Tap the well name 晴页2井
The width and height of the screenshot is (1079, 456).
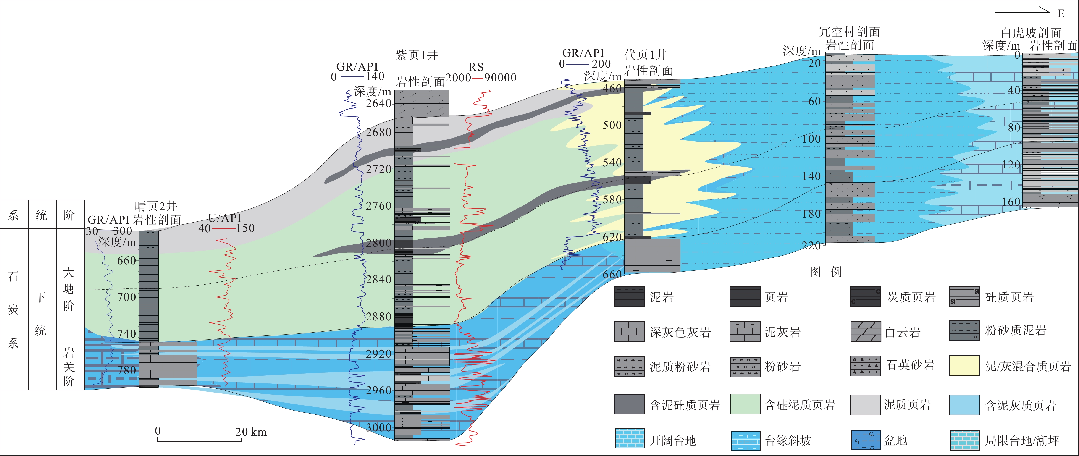click(156, 206)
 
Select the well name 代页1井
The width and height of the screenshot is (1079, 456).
click(646, 55)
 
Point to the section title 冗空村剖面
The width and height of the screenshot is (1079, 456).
click(849, 32)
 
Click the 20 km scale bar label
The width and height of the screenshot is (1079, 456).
click(250, 432)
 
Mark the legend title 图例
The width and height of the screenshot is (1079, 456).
click(826, 272)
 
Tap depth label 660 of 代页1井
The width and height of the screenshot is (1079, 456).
click(612, 274)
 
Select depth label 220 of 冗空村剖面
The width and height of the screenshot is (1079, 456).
click(811, 246)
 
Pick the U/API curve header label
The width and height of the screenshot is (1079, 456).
click(225, 218)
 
